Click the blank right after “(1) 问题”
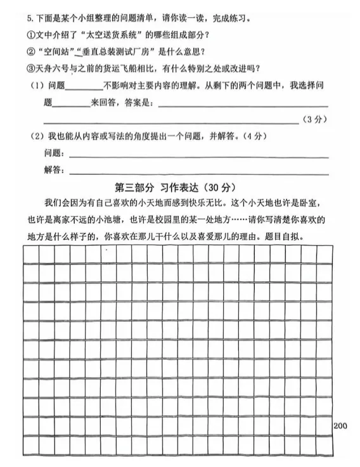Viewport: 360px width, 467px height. coord(84,88)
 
